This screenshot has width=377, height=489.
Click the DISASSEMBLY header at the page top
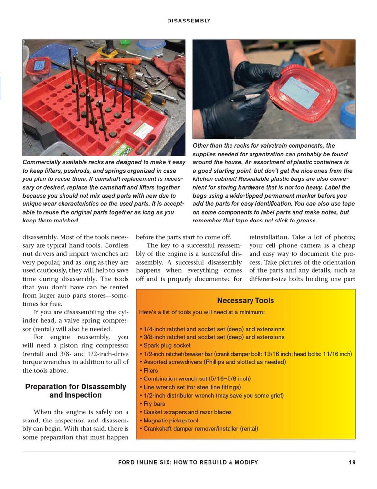[x=188, y=21]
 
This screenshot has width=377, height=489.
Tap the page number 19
[x=352, y=462]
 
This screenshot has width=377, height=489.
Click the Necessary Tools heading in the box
[x=246, y=301]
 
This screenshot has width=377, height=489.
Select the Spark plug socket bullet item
[x=167, y=346]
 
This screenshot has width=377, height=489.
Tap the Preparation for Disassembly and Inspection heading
[x=75, y=391]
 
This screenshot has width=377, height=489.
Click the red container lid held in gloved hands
[x=296, y=92]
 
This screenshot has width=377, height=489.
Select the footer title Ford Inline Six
[x=188, y=462]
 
